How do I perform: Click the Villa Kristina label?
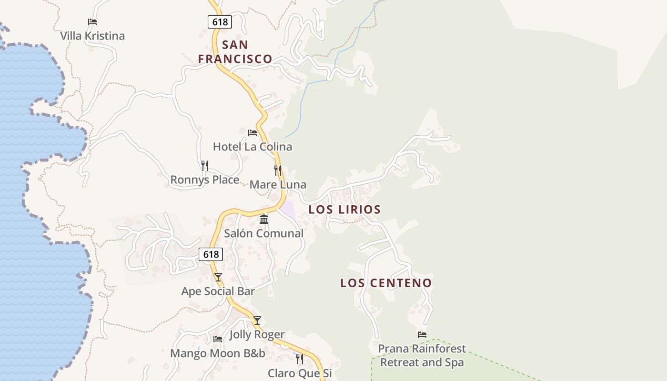[x=92, y=36]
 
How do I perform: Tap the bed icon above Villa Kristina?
[x=92, y=22]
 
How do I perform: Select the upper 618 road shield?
[x=220, y=21]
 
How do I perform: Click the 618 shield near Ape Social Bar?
[x=211, y=254]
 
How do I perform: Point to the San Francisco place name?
[x=235, y=52]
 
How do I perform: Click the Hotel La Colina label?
[x=252, y=147]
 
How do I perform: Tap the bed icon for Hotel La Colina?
[x=253, y=132]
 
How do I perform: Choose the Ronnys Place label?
[x=205, y=180]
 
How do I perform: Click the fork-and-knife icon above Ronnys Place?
[x=205, y=166]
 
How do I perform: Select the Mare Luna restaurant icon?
[x=278, y=170]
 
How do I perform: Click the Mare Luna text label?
[x=278, y=185]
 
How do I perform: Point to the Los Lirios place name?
[x=344, y=210]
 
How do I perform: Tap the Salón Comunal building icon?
[x=264, y=219]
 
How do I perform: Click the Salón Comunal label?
[x=264, y=233]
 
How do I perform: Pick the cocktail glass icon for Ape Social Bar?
[x=218, y=277]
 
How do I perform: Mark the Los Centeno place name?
[x=386, y=283]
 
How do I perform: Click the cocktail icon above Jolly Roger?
[x=257, y=321]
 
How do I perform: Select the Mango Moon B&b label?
[x=218, y=353]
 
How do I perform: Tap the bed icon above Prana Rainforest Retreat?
[x=422, y=335]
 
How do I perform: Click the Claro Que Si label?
[x=300, y=373]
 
